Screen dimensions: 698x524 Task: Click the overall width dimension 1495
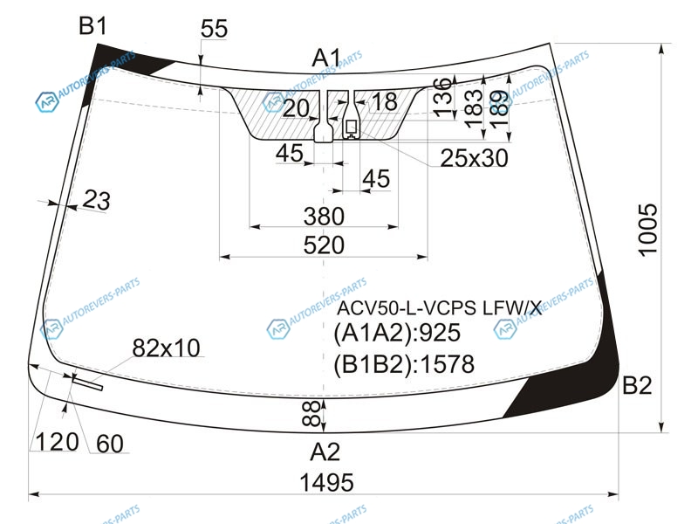pos(326,483)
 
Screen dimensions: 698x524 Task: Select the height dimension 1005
pos(647,230)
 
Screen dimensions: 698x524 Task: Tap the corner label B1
pos(92,25)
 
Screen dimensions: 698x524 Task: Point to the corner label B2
pos(637,385)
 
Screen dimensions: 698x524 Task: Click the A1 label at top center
pos(326,58)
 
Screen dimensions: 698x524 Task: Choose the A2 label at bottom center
pos(325,452)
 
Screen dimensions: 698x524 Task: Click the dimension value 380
pos(324,217)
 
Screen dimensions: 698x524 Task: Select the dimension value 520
pos(324,245)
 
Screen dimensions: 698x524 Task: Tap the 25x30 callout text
pos(474,158)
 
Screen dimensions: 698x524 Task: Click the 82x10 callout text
pos(166,348)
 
